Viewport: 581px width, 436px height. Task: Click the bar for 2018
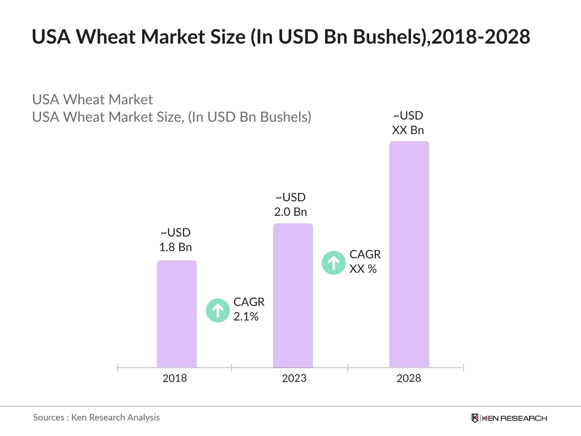pyautogui.click(x=176, y=314)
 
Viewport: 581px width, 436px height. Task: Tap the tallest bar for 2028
pyautogui.click(x=409, y=254)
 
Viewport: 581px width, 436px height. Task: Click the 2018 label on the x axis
pyautogui.click(x=175, y=378)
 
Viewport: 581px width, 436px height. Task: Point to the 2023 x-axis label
pyautogui.click(x=294, y=378)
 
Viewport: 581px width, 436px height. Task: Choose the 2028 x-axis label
pyautogui.click(x=409, y=378)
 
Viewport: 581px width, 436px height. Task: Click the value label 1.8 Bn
pyautogui.click(x=175, y=247)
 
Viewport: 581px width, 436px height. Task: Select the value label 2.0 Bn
pyautogui.click(x=290, y=212)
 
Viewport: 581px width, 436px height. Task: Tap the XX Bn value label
pyautogui.click(x=408, y=130)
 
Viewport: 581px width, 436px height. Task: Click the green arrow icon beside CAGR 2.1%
pyautogui.click(x=218, y=310)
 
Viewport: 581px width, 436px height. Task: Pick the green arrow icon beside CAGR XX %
pyautogui.click(x=333, y=263)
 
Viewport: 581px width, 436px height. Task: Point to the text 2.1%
pyautogui.click(x=246, y=316)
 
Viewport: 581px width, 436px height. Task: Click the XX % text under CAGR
pyautogui.click(x=363, y=269)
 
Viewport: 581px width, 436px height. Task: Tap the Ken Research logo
pyautogui.click(x=509, y=418)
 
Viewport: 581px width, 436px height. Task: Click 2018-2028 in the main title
pyautogui.click(x=481, y=37)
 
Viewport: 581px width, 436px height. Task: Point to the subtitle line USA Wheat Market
pyautogui.click(x=92, y=100)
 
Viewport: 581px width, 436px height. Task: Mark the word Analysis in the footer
pyautogui.click(x=144, y=417)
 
